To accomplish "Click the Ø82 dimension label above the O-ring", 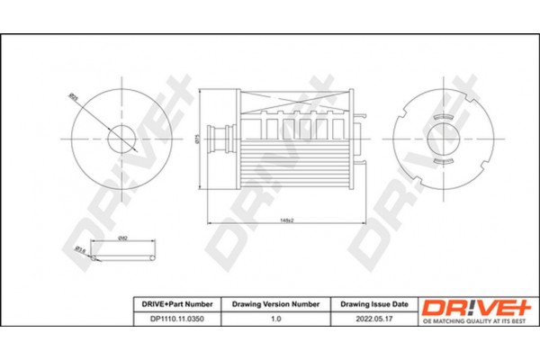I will tap(122, 237).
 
